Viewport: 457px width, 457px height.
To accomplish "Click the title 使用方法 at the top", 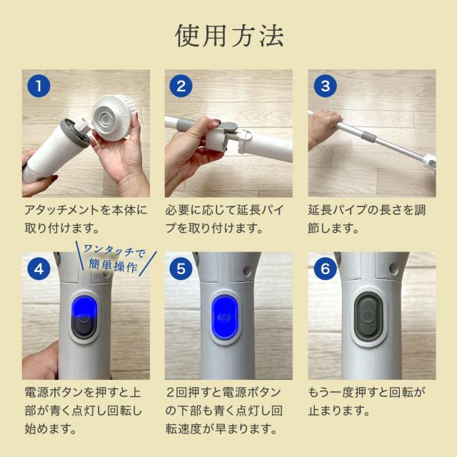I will click(x=228, y=36).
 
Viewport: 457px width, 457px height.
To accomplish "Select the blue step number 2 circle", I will click(x=181, y=88).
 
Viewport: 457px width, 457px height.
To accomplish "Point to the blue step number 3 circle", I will click(x=325, y=88).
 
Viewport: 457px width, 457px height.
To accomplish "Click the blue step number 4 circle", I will click(x=39, y=271).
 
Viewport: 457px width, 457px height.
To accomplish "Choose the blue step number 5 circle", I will click(x=181, y=271).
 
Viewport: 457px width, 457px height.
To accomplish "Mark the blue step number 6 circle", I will click(x=325, y=271).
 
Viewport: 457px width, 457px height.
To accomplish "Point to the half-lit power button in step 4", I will click(x=85, y=317).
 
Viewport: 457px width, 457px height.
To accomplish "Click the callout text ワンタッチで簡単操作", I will click(x=113, y=257).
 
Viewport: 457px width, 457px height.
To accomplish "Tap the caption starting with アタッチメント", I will click(x=85, y=220).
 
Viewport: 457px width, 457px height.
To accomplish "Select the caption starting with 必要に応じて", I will click(x=228, y=220).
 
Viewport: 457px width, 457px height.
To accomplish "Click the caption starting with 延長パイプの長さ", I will click(x=371, y=220).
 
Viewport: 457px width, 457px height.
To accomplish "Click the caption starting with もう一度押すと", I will click(x=368, y=402).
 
